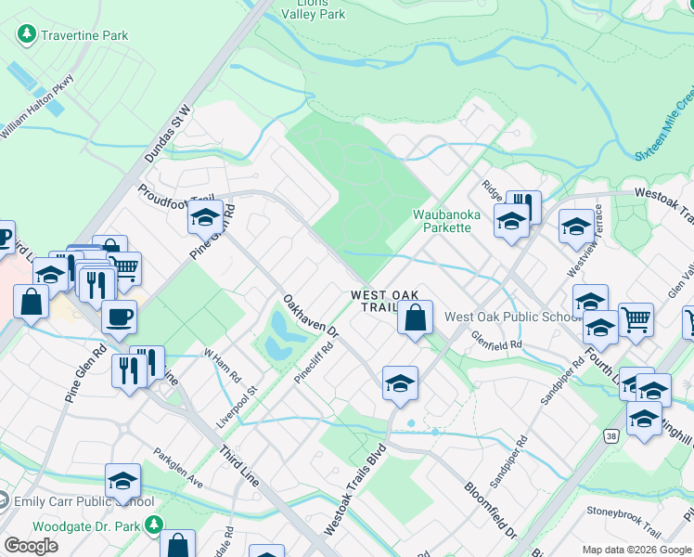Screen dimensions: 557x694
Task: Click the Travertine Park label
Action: [83, 35]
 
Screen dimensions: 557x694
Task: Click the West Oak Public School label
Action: [512, 317]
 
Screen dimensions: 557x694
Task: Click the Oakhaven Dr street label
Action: [312, 317]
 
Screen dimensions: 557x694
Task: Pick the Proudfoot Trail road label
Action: [175, 197]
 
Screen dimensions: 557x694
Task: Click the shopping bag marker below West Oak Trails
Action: [416, 317]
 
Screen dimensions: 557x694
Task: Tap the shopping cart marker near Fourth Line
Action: [636, 319]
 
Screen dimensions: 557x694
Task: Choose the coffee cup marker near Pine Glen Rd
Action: [119, 317]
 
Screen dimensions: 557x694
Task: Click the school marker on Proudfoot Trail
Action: [204, 218]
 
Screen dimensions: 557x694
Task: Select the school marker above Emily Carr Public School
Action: [122, 480]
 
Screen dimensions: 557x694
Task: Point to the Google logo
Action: [31, 546]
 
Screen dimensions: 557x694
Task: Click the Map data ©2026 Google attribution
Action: [636, 550]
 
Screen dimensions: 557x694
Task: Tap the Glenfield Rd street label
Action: [496, 341]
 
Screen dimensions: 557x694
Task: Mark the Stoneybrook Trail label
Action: [623, 512]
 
